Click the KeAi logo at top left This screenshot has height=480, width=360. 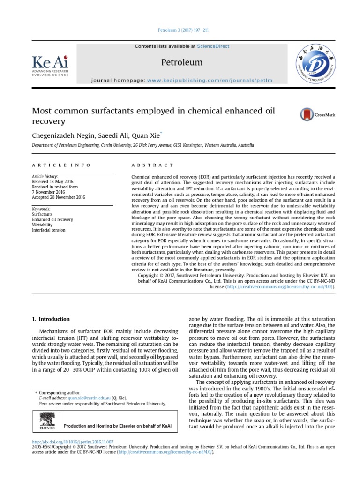click(50, 66)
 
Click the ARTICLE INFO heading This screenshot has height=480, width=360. click(61, 165)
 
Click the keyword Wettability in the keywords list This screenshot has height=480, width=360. click(42, 225)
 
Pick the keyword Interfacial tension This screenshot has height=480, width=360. click(49, 230)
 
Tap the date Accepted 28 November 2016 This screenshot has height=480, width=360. click(59, 197)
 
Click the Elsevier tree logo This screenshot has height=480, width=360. click(47, 420)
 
